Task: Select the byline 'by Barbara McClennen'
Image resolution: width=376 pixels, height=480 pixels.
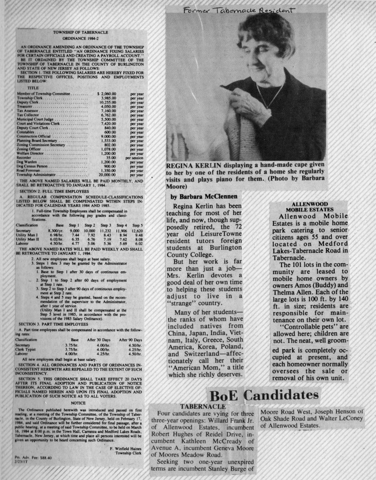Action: click(x=204, y=196)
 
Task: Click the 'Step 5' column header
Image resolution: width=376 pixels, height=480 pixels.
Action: click(x=137, y=225)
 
